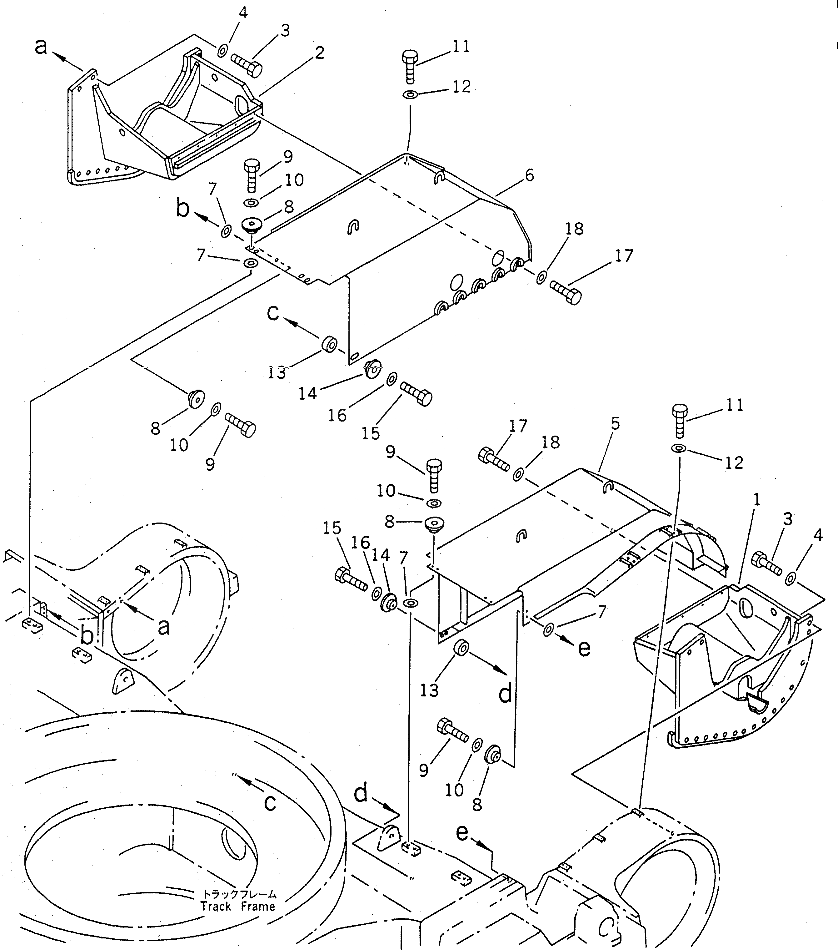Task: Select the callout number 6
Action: (529, 176)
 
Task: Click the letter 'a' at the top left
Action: (41, 47)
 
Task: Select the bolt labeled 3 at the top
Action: (246, 65)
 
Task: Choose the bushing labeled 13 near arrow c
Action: (330, 344)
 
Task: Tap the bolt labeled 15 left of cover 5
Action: (351, 579)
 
